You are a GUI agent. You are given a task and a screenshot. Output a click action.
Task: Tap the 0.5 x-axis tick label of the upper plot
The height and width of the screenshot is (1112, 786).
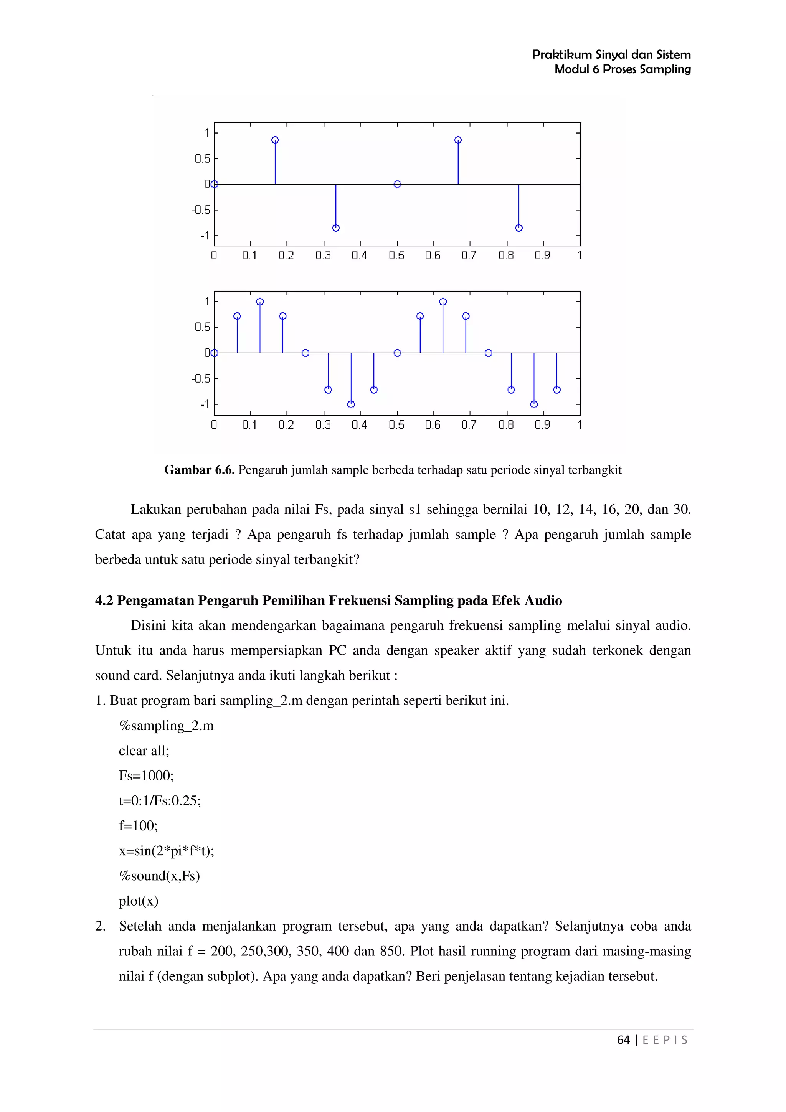[x=396, y=255]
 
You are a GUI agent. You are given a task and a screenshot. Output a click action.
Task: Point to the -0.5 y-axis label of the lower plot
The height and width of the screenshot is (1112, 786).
[x=201, y=378]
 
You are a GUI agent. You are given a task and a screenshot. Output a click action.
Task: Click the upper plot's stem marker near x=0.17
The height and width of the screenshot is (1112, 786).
[x=275, y=140]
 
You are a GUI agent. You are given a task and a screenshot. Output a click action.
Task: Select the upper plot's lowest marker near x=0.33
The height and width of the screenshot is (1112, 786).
[x=335, y=228]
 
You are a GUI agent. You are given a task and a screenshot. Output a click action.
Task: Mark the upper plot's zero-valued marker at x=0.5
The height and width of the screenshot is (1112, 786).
[x=397, y=185]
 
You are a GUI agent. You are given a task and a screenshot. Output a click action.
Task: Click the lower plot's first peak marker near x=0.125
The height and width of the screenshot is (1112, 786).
[x=260, y=302]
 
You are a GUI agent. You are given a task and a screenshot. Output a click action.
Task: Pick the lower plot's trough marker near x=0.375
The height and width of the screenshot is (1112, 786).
[x=351, y=404]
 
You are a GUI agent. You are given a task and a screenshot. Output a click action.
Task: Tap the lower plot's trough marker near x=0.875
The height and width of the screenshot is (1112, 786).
[x=534, y=404]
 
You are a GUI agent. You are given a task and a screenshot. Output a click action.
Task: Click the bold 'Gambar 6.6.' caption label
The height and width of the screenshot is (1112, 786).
[x=200, y=470]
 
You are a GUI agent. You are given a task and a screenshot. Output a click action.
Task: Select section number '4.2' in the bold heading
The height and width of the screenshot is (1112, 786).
[x=104, y=601]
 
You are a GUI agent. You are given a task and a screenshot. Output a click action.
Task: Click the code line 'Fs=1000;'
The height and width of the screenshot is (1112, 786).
[x=146, y=775]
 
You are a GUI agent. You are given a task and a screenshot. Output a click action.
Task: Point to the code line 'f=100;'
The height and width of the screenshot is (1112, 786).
[x=138, y=826]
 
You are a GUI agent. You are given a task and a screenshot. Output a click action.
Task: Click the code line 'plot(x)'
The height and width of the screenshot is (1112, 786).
[x=139, y=901]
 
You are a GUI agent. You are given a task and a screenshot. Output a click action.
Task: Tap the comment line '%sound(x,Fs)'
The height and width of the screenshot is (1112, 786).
[x=159, y=876]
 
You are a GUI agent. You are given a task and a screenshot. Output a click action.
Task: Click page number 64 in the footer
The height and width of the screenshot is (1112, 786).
[x=623, y=1040]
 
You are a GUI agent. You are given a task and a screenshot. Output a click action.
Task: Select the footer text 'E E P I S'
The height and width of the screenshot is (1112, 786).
[x=665, y=1040]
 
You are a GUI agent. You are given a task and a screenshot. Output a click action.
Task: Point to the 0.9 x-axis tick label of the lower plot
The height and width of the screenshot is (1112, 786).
[x=542, y=425]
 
